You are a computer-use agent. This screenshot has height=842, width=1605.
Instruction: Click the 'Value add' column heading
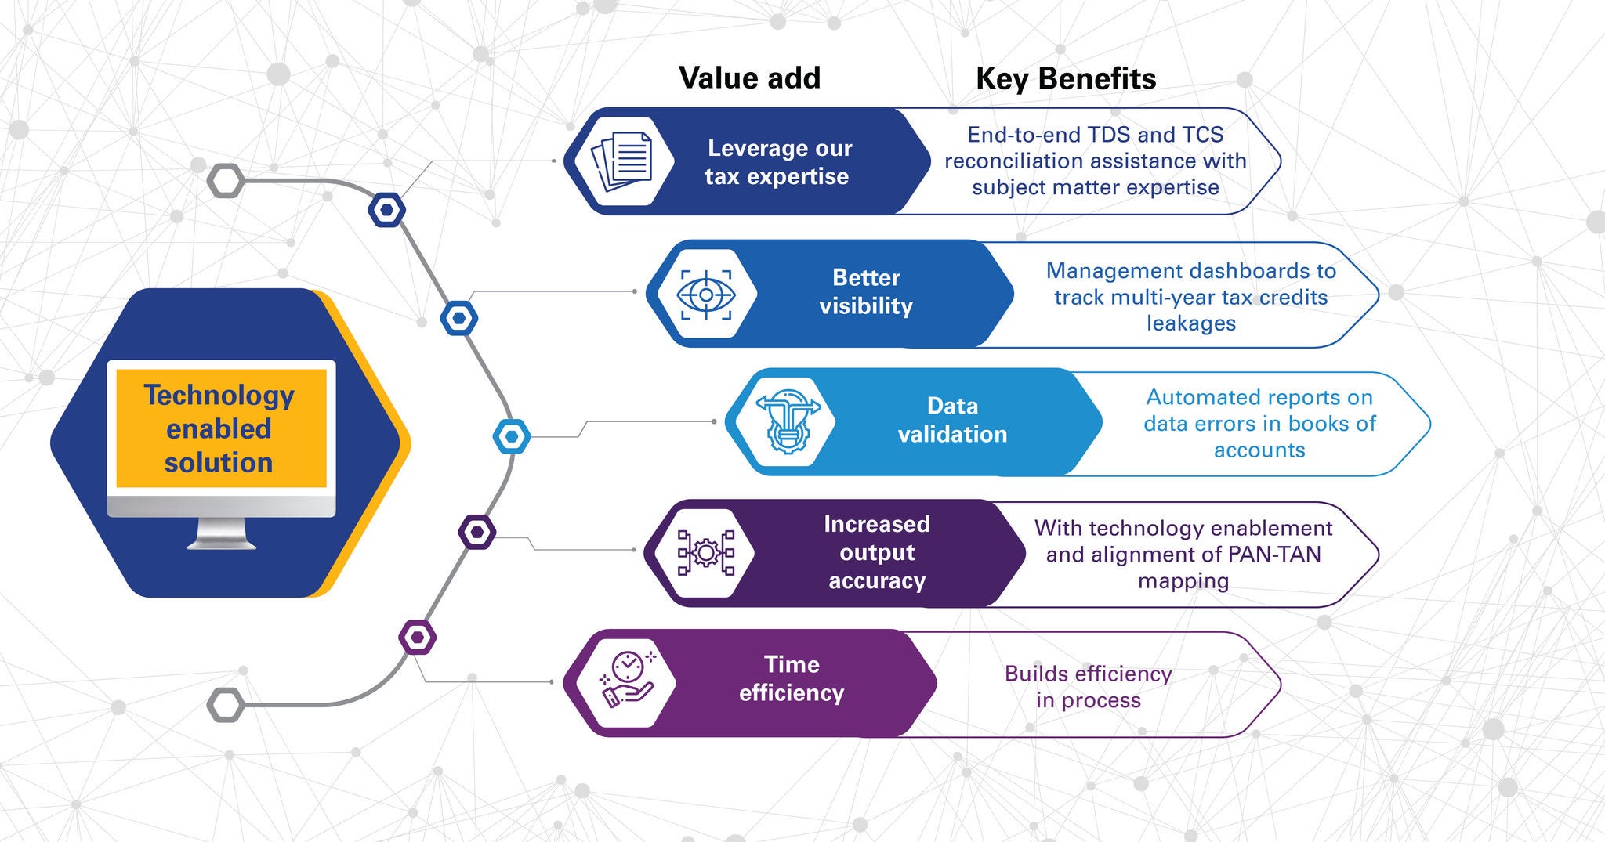tap(749, 78)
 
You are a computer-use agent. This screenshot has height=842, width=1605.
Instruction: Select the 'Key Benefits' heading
tap(1065, 79)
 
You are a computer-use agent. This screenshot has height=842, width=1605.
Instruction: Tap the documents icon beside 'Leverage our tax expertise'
tap(623, 161)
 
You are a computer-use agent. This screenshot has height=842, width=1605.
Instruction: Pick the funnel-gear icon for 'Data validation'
tap(786, 423)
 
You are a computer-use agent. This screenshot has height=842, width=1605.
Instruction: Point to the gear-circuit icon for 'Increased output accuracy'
tap(706, 553)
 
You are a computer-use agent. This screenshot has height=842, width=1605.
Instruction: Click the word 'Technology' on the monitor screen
tap(219, 396)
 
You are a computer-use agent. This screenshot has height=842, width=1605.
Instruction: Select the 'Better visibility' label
tap(866, 292)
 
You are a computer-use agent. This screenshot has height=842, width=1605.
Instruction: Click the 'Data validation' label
tap(952, 421)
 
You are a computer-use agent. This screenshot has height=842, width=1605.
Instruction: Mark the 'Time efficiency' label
tap(792, 679)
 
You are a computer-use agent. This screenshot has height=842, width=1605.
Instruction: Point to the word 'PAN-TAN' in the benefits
tap(1274, 555)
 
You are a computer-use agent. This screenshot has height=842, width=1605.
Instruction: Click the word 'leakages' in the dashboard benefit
tap(1190, 323)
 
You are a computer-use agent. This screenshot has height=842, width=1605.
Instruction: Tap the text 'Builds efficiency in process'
tap(1088, 687)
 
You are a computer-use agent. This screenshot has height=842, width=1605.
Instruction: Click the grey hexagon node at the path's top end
tap(226, 181)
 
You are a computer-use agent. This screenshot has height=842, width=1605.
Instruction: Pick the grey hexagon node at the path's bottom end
tap(226, 705)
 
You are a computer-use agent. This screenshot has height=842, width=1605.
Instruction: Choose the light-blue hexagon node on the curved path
tap(512, 436)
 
